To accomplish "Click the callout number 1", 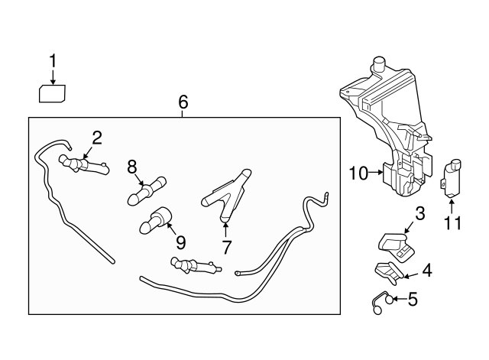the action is coord(53,61).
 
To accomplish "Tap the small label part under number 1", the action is coord(52,93).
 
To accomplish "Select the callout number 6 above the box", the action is coord(183,102).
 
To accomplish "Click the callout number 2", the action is coord(97,138).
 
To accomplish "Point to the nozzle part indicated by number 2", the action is coord(83,165).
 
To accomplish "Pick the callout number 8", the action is coord(132,167).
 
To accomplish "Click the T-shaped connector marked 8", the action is coord(147,191).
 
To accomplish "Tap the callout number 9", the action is coord(180,242).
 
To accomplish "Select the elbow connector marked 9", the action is coord(155,220).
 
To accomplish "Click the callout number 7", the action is coord(226,247).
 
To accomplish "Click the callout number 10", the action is coord(359,174).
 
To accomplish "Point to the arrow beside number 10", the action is coord(376,172).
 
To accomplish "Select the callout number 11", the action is coord(452,223).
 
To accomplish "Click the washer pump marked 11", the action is coord(452,178).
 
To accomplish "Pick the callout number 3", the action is coord(419,214).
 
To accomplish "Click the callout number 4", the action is coord(427,270).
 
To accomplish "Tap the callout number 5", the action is coord(413,299).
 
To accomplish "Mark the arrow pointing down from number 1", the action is coord(53,77).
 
